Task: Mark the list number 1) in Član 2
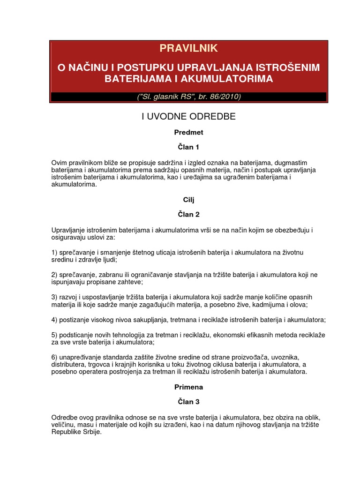(x=54, y=253)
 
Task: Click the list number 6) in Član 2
(x=54, y=357)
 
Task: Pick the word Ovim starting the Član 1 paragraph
(x=59, y=163)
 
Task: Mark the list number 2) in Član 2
(x=54, y=275)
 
